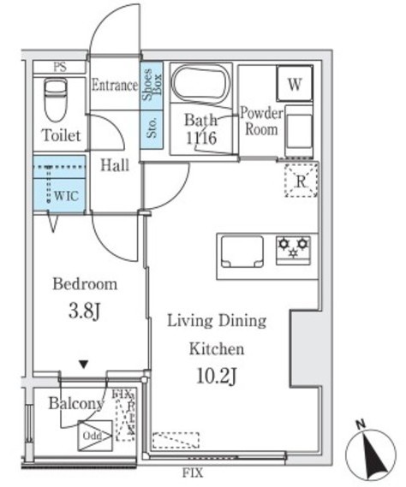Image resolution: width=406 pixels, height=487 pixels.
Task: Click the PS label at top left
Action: [x=59, y=68]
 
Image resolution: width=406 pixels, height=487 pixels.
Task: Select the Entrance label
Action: [x=114, y=85]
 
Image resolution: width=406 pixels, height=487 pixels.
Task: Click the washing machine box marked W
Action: [x=295, y=84]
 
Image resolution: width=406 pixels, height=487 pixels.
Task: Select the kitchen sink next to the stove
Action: [x=244, y=252]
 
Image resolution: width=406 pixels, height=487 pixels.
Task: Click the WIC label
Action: [x=67, y=195]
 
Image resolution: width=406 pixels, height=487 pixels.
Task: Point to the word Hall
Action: [x=115, y=165]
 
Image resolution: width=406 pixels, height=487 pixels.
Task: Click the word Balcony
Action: [x=75, y=403]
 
